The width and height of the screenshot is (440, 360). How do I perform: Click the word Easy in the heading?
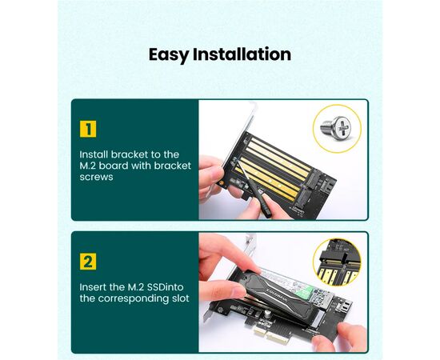169,55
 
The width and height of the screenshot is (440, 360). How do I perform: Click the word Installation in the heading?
242,54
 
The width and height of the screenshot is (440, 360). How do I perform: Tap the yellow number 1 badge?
88,129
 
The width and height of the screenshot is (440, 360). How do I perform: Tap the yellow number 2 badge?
88,262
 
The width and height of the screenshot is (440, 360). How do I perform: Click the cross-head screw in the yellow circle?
336,128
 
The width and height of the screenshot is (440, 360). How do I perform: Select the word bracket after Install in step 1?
130,154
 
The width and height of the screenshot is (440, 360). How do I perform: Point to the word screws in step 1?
96,177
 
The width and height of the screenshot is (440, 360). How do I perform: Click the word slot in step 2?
181,298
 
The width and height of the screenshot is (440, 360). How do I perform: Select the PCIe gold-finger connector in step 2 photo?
270,334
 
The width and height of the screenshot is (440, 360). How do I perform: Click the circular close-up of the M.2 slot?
337,262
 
